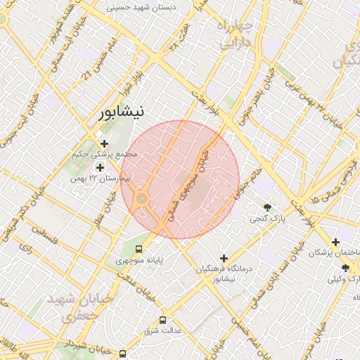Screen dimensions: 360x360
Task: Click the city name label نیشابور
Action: point(121,111)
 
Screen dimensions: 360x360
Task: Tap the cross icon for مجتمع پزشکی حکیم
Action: point(104,143)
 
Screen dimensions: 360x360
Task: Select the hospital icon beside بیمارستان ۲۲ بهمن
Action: point(100,167)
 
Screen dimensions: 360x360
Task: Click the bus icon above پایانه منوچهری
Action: point(139,248)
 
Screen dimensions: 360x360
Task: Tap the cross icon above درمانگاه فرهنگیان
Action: point(224,258)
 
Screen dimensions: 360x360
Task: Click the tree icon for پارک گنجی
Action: point(267,207)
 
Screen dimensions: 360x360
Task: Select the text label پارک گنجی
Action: point(268,219)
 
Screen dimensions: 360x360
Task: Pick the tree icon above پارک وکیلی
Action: point(345,268)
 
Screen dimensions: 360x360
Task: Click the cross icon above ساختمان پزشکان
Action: point(335,242)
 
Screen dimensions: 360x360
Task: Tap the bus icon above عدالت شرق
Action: point(163,319)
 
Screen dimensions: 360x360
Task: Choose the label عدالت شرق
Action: point(163,330)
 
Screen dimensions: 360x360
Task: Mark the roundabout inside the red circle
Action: point(141,199)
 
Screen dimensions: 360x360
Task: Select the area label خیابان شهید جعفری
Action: point(79,307)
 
